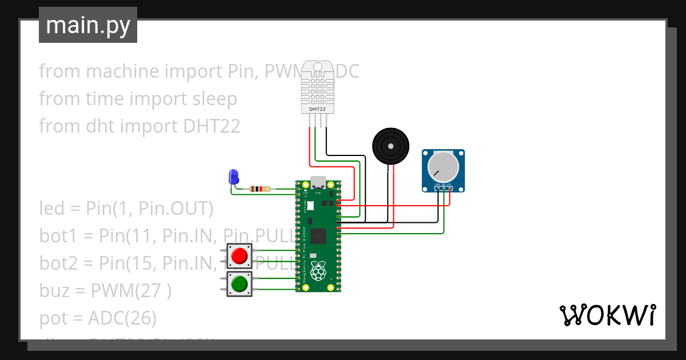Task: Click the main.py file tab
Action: click(88, 25)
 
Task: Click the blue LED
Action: click(233, 177)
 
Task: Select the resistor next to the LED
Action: click(261, 189)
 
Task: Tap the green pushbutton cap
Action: click(240, 283)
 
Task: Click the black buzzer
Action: click(391, 147)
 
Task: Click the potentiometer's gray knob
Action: click(442, 166)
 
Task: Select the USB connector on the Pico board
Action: click(318, 182)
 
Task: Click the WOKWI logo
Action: click(607, 315)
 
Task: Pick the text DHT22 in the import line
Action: click(212, 126)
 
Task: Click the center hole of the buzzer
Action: click(391, 146)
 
